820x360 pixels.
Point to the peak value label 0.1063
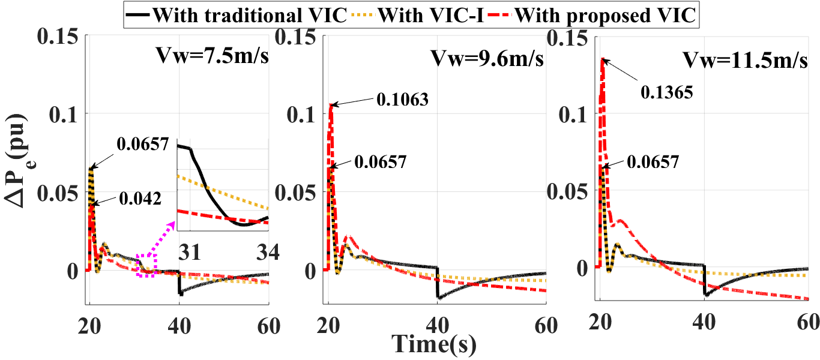point(402,99)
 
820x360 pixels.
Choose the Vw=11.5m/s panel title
point(744,60)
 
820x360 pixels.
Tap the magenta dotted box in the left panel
point(146,265)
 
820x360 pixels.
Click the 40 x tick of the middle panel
point(438,326)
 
